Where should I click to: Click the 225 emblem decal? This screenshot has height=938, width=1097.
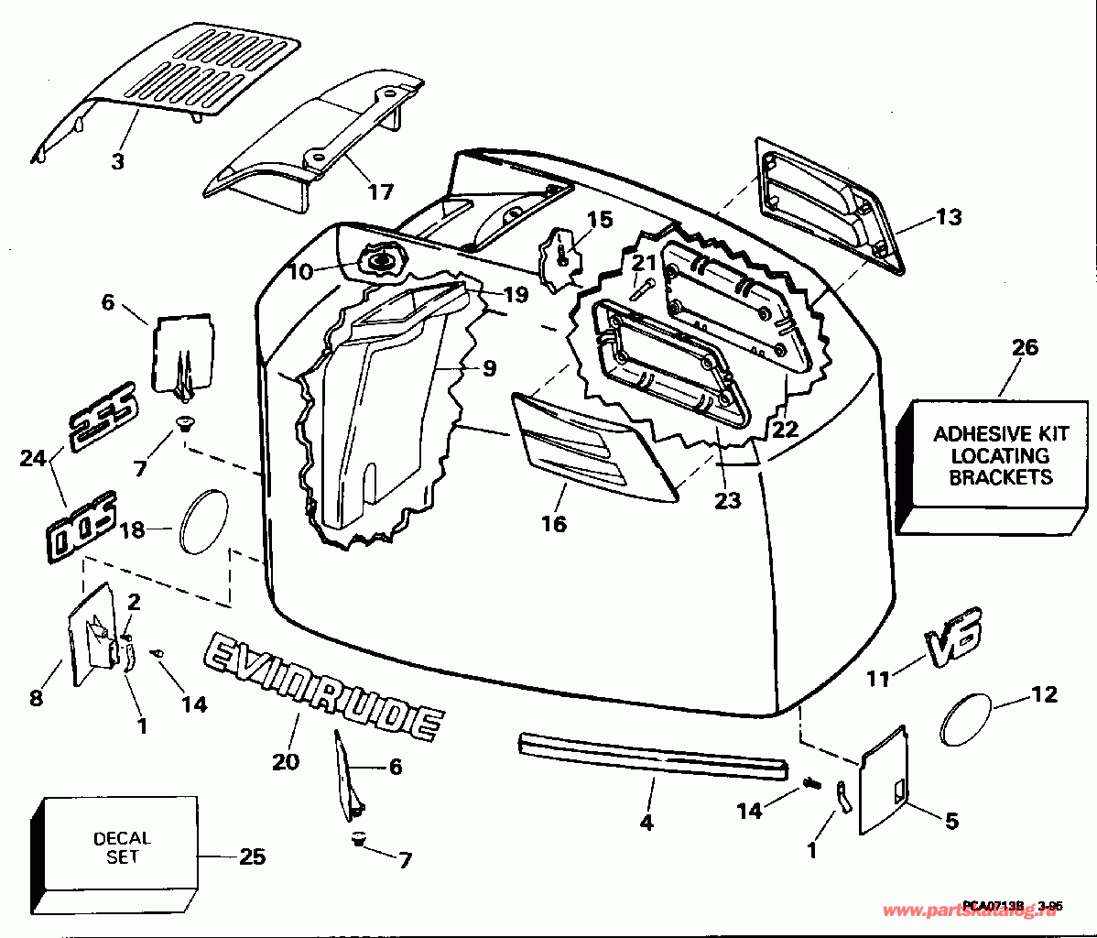tap(102, 417)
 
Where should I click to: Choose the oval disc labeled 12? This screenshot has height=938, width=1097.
tap(967, 720)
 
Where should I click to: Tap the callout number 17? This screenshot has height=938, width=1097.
tap(380, 191)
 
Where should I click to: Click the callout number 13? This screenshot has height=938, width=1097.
tap(949, 217)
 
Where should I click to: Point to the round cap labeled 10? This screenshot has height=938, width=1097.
tap(382, 261)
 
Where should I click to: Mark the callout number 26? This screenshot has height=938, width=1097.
tap(1026, 347)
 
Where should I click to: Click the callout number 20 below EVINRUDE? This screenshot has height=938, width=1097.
tap(286, 760)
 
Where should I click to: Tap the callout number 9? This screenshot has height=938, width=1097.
tap(489, 368)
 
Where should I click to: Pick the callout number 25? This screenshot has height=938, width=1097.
tap(252, 856)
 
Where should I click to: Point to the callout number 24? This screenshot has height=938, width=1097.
tap(33, 457)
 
